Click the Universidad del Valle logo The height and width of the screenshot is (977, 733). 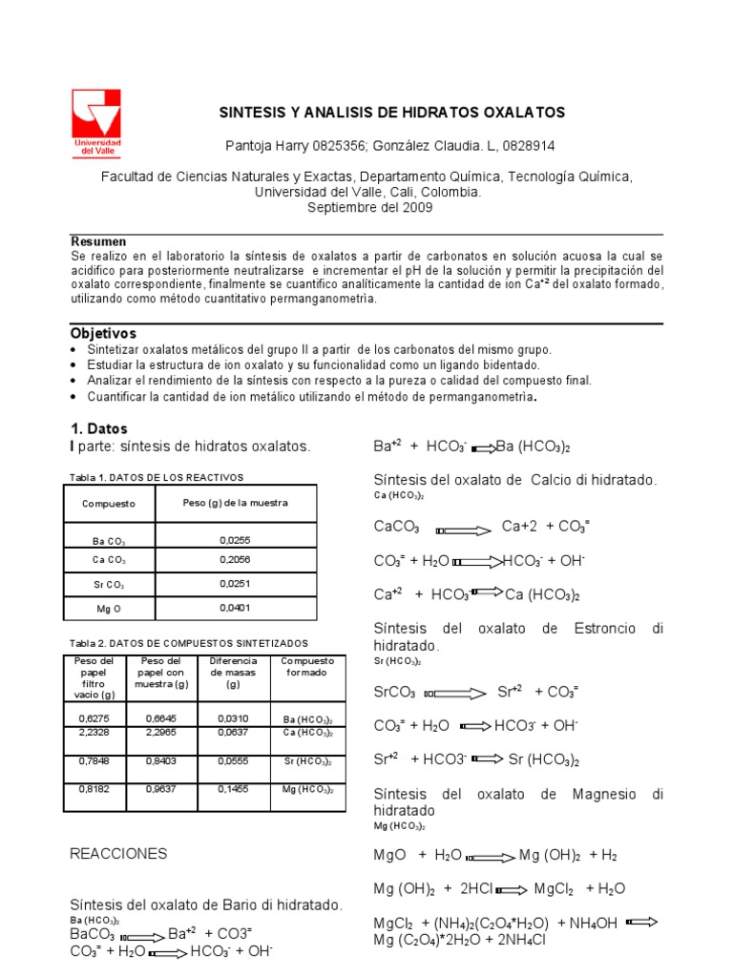pos(96,121)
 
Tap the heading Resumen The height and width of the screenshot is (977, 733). pos(98,242)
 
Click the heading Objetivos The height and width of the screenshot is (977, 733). pos(104,334)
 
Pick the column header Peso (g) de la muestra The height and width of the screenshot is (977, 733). pos(235,503)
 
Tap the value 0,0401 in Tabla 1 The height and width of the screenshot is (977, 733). pos(235,608)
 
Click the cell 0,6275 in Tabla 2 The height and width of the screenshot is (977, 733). pos(94,717)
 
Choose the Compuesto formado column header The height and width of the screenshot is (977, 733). pos(307,666)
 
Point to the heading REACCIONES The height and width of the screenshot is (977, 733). pos(118,854)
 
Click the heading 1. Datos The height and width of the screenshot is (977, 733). pos(99,429)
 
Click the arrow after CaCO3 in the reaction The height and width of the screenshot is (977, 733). pos(461,528)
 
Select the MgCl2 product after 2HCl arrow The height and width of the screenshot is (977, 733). pos(554,888)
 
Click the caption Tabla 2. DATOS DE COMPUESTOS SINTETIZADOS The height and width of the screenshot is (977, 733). pos(189,643)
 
